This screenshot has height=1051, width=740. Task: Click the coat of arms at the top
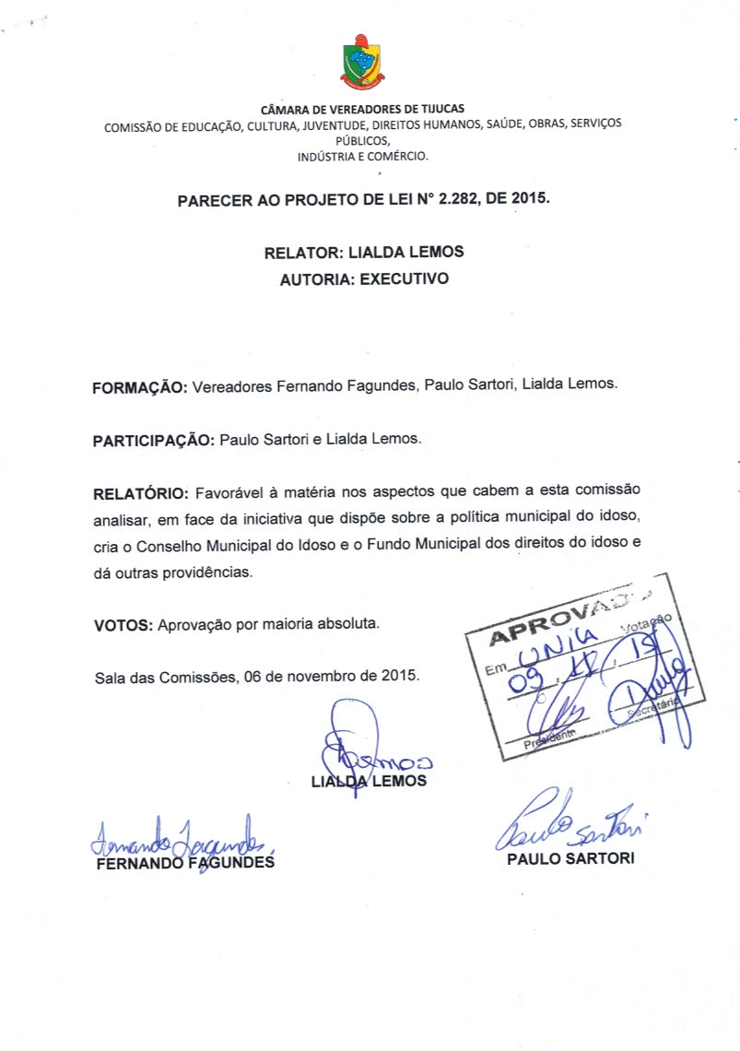coord(363,62)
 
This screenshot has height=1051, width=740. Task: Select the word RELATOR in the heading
coord(300,252)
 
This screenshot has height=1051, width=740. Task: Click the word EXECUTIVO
coord(405,278)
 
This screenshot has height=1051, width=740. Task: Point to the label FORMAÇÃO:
coord(140,388)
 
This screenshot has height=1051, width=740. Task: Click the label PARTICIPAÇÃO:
coord(154,440)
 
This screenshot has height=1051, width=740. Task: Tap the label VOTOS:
coord(123,625)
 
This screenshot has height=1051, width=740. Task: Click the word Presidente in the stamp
coord(550,737)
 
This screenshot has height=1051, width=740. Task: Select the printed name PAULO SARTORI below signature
coord(570,859)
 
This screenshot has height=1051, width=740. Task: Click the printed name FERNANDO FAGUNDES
coord(185,863)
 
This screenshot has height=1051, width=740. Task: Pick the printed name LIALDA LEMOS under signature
coord(370,781)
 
